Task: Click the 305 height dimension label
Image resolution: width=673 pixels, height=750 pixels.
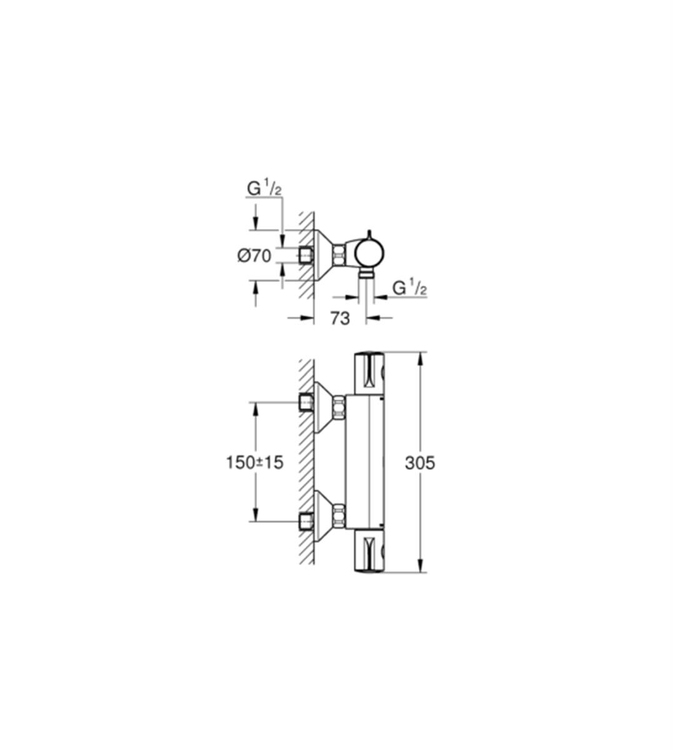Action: pos(420,462)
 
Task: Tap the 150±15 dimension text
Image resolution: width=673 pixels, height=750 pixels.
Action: pos(255,462)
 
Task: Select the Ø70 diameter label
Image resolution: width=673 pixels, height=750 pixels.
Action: pos(254,256)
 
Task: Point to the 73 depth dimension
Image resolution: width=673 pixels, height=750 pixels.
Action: pos(339,317)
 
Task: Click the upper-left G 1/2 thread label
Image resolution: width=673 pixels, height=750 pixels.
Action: pos(264,189)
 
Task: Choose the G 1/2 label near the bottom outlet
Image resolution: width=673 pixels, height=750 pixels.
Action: pos(409,288)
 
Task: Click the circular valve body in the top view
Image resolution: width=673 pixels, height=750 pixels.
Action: pos(369,254)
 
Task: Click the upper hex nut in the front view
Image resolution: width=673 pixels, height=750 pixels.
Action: pos(339,409)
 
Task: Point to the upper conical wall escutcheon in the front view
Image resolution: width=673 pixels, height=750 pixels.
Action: pos(323,407)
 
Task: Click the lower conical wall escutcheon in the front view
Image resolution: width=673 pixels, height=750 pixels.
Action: pos(323,515)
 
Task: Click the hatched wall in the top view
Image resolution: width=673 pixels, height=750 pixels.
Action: pos(307,256)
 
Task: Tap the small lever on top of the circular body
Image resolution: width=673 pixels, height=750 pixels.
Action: pos(369,234)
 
